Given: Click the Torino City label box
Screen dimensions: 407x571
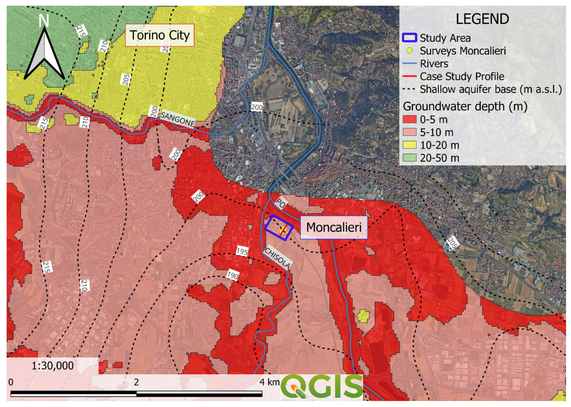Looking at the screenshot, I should pos(159,35).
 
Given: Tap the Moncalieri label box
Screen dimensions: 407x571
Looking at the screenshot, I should pos(334,227).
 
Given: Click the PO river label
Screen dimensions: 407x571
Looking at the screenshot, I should pos(281,203).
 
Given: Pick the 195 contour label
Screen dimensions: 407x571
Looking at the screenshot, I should pos(242,251).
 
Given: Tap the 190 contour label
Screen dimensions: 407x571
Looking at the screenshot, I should pos(233,275).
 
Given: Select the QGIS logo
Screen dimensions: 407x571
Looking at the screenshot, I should pos(322,387).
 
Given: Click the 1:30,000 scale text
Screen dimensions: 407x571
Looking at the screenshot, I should pos(52,366).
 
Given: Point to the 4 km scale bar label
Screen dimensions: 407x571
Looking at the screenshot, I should pos(269,382).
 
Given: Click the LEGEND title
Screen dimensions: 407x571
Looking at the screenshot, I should pos(482,19).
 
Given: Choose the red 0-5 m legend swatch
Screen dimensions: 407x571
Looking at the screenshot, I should pos(409,119).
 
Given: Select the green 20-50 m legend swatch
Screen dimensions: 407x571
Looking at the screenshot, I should pos(409,158).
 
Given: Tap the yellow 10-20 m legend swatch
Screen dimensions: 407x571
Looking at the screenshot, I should pos(409,145).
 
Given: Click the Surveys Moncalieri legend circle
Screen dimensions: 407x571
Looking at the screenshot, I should pos(409,51).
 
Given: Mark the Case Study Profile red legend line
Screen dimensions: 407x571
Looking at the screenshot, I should pos(409,76).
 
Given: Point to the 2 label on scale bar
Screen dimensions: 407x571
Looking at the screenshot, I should pos(136,382).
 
